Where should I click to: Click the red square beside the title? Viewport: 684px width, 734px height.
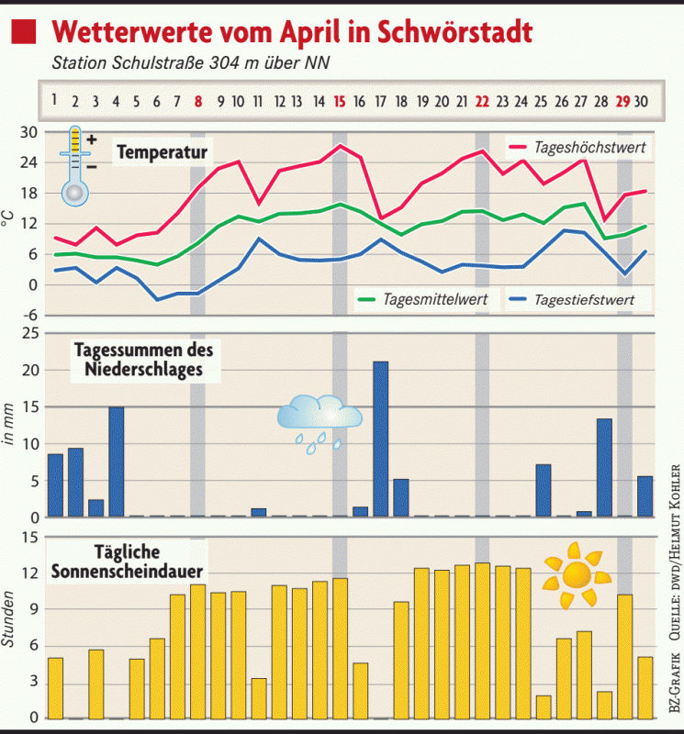pos(24,34)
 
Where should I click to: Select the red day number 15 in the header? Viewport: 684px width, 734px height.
pos(340,101)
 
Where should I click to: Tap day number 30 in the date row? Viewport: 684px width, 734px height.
pos(644,101)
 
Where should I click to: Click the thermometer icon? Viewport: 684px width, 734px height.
pos(75,165)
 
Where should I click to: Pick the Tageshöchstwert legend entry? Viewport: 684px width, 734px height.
pos(579,147)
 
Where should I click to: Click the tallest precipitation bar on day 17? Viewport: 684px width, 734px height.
pos(380,439)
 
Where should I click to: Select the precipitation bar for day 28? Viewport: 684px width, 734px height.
pos(604,467)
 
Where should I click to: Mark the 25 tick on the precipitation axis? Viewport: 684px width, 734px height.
pos(28,334)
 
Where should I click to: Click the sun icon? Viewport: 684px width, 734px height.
pos(575,575)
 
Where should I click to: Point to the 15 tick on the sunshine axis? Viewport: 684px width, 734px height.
pos(28,538)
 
